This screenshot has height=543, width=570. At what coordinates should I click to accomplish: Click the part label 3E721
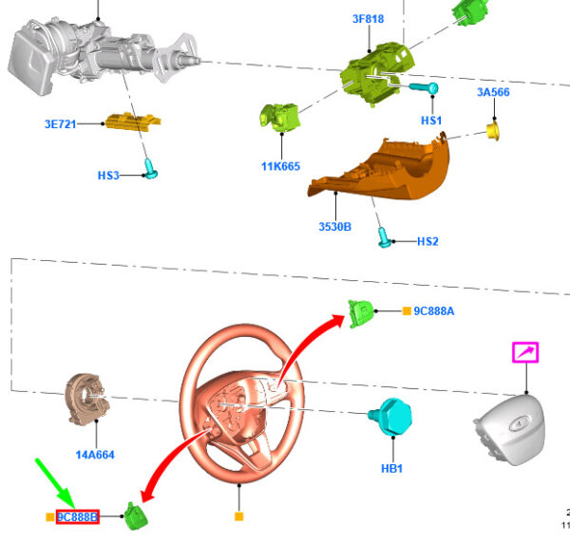[60, 123]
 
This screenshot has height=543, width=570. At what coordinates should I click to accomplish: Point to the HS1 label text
[431, 122]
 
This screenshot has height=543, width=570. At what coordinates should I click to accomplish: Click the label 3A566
[493, 92]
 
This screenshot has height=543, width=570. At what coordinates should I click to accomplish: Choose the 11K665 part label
[280, 166]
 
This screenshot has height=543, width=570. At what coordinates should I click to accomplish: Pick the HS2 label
[427, 241]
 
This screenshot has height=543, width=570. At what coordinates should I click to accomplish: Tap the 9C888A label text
[434, 310]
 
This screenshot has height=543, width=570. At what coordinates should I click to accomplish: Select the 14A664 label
[95, 455]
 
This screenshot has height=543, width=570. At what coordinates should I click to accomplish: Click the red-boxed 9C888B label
[77, 517]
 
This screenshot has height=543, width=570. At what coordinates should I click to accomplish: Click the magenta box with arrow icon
[525, 353]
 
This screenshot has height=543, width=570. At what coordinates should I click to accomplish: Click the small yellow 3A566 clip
[494, 129]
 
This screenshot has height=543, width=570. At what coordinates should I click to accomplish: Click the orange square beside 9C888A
[406, 310]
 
